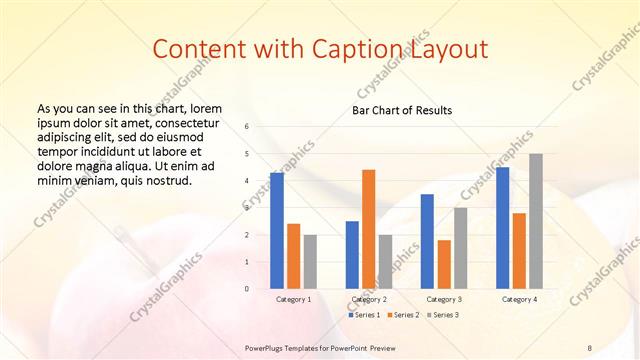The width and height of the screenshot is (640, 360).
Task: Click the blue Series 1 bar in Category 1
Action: tap(277, 231)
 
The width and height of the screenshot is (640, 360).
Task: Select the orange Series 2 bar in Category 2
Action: tap(368, 229)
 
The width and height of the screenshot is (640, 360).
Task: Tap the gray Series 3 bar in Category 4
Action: tap(536, 221)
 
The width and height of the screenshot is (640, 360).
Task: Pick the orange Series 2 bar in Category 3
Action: tap(444, 264)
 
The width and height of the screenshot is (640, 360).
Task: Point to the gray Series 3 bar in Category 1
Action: tap(310, 262)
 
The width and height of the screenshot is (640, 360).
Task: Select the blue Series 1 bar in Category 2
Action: tap(352, 255)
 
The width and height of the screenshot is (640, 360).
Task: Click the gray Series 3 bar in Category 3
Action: tap(460, 248)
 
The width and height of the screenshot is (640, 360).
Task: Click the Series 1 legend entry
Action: tap(364, 315)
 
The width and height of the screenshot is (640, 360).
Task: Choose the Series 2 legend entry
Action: tap(402, 315)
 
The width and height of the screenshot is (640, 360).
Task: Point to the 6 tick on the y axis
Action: tap(247, 127)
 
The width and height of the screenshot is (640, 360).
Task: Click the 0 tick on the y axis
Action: tap(247, 289)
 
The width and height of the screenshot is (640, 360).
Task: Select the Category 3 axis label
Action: tap(443, 299)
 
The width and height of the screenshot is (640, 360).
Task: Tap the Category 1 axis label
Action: tap(293, 299)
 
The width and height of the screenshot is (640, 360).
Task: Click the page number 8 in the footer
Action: tap(589, 347)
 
